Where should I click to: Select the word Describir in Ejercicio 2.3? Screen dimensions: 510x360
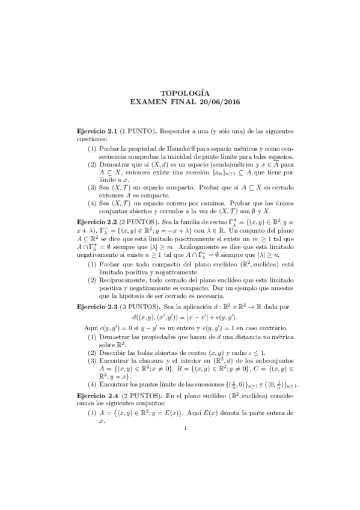pyautogui.click(x=112, y=352)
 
